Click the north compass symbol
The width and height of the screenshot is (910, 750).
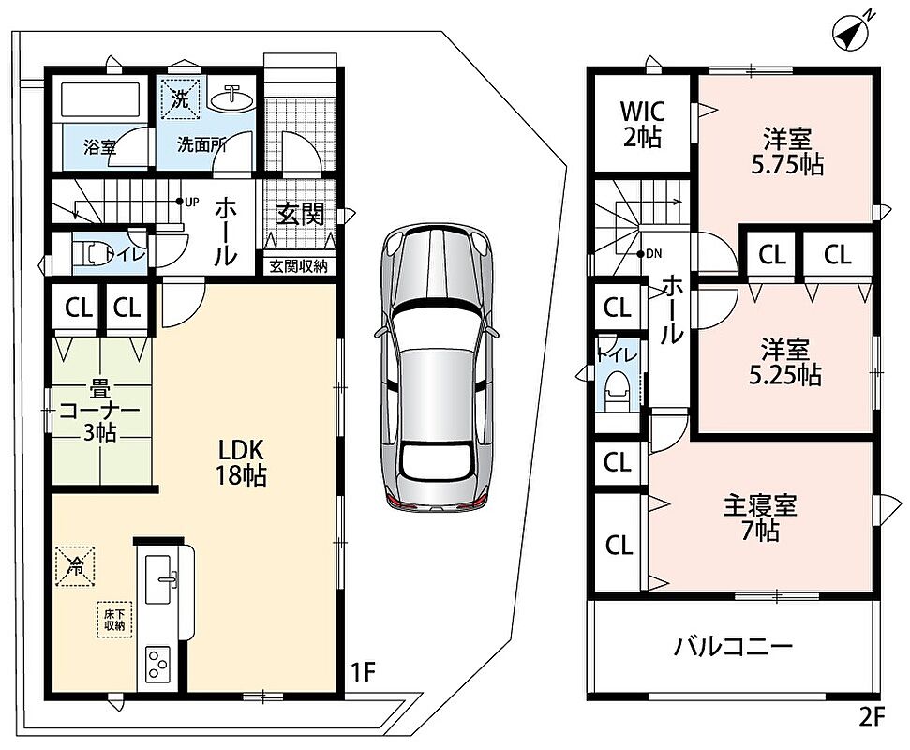click(x=853, y=32)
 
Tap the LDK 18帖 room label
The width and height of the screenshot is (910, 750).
click(x=242, y=462)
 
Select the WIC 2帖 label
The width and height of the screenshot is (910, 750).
click(x=643, y=125)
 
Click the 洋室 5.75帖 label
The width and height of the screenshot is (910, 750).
click(x=787, y=152)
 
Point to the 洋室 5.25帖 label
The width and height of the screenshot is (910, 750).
click(x=785, y=363)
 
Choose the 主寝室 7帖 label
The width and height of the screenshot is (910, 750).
click(x=760, y=518)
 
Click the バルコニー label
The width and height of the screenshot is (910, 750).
click(x=733, y=646)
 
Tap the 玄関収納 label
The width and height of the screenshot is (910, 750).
click(x=298, y=266)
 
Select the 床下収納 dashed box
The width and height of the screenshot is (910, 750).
click(x=114, y=620)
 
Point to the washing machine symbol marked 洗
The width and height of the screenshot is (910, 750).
click(x=181, y=98)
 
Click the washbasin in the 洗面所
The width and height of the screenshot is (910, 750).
click(x=232, y=99)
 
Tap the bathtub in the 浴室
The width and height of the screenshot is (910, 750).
click(x=101, y=101)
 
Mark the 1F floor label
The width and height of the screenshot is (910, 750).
click(x=364, y=672)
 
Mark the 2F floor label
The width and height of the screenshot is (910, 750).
click(x=872, y=717)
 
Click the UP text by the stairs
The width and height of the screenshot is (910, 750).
click(x=191, y=202)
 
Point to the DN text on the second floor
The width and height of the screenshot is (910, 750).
click(x=653, y=254)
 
